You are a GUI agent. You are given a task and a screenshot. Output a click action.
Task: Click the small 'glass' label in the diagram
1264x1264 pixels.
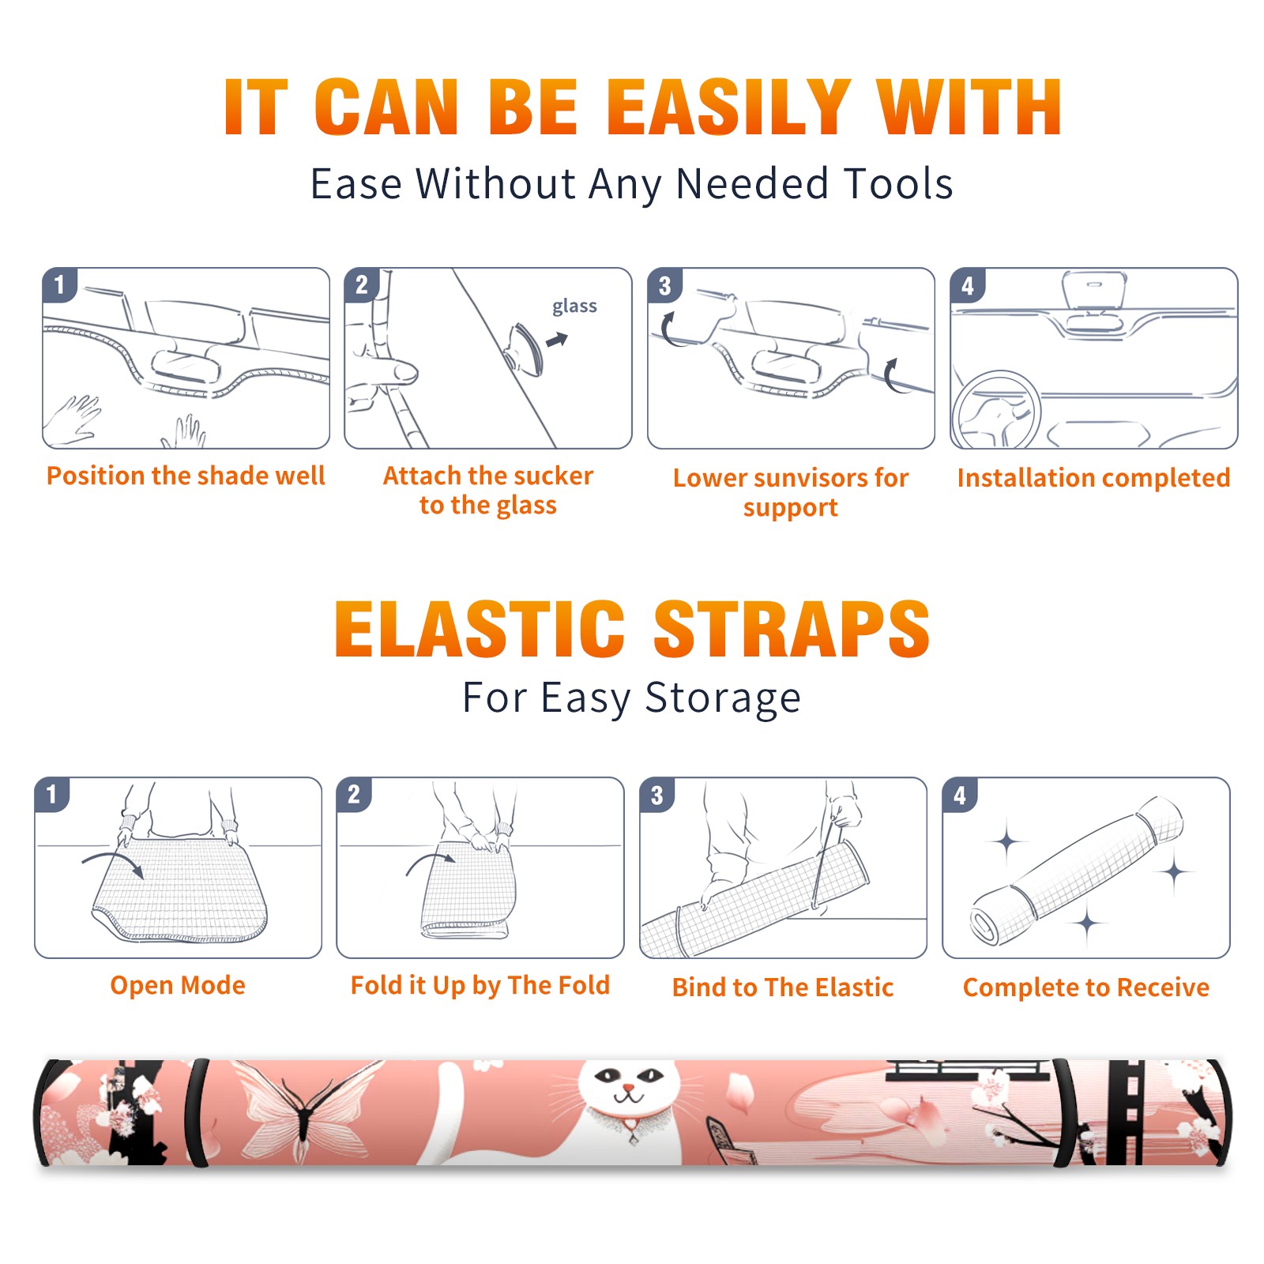pyautogui.click(x=574, y=306)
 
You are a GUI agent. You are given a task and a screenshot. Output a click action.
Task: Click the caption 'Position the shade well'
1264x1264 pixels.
pyautogui.click(x=186, y=476)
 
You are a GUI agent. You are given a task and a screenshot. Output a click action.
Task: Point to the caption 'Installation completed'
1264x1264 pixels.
pyautogui.click(x=1093, y=477)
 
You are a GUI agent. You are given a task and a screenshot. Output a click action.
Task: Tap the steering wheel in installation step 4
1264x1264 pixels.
pyautogui.click(x=997, y=410)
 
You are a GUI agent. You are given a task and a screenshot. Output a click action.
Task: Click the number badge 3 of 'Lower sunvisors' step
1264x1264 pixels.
pyautogui.click(x=664, y=285)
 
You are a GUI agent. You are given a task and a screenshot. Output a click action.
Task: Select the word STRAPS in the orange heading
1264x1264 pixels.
pyautogui.click(x=792, y=629)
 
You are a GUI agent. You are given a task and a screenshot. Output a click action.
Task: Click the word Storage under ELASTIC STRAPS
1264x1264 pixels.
pyautogui.click(x=723, y=698)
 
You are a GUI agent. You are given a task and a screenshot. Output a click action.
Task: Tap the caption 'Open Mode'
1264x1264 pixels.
pyautogui.click(x=178, y=985)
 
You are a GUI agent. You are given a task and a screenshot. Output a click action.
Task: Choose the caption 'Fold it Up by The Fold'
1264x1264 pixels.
pyautogui.click(x=480, y=985)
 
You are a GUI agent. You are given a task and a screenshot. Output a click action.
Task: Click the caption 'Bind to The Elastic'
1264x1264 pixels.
pyautogui.click(x=783, y=987)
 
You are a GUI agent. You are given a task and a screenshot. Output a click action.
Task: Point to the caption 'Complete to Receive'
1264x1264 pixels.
pyautogui.click(x=1086, y=987)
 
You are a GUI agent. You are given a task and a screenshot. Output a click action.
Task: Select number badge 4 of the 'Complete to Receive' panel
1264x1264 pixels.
pyautogui.click(x=960, y=795)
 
